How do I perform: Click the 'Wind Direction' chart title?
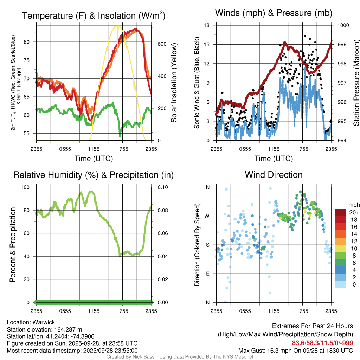274,175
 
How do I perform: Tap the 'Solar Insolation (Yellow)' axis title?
174,83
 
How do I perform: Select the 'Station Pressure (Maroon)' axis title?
356,83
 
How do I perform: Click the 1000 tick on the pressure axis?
343,25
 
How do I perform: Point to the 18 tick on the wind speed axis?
207,25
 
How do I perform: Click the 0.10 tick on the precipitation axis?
162,187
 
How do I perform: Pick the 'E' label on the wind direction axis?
207,274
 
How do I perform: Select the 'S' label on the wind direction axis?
207,245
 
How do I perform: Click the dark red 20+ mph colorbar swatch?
340,212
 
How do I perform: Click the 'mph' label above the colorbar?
353,205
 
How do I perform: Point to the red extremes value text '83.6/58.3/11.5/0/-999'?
322,343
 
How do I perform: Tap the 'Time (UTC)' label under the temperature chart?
94,159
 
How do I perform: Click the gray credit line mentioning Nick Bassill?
180,357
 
